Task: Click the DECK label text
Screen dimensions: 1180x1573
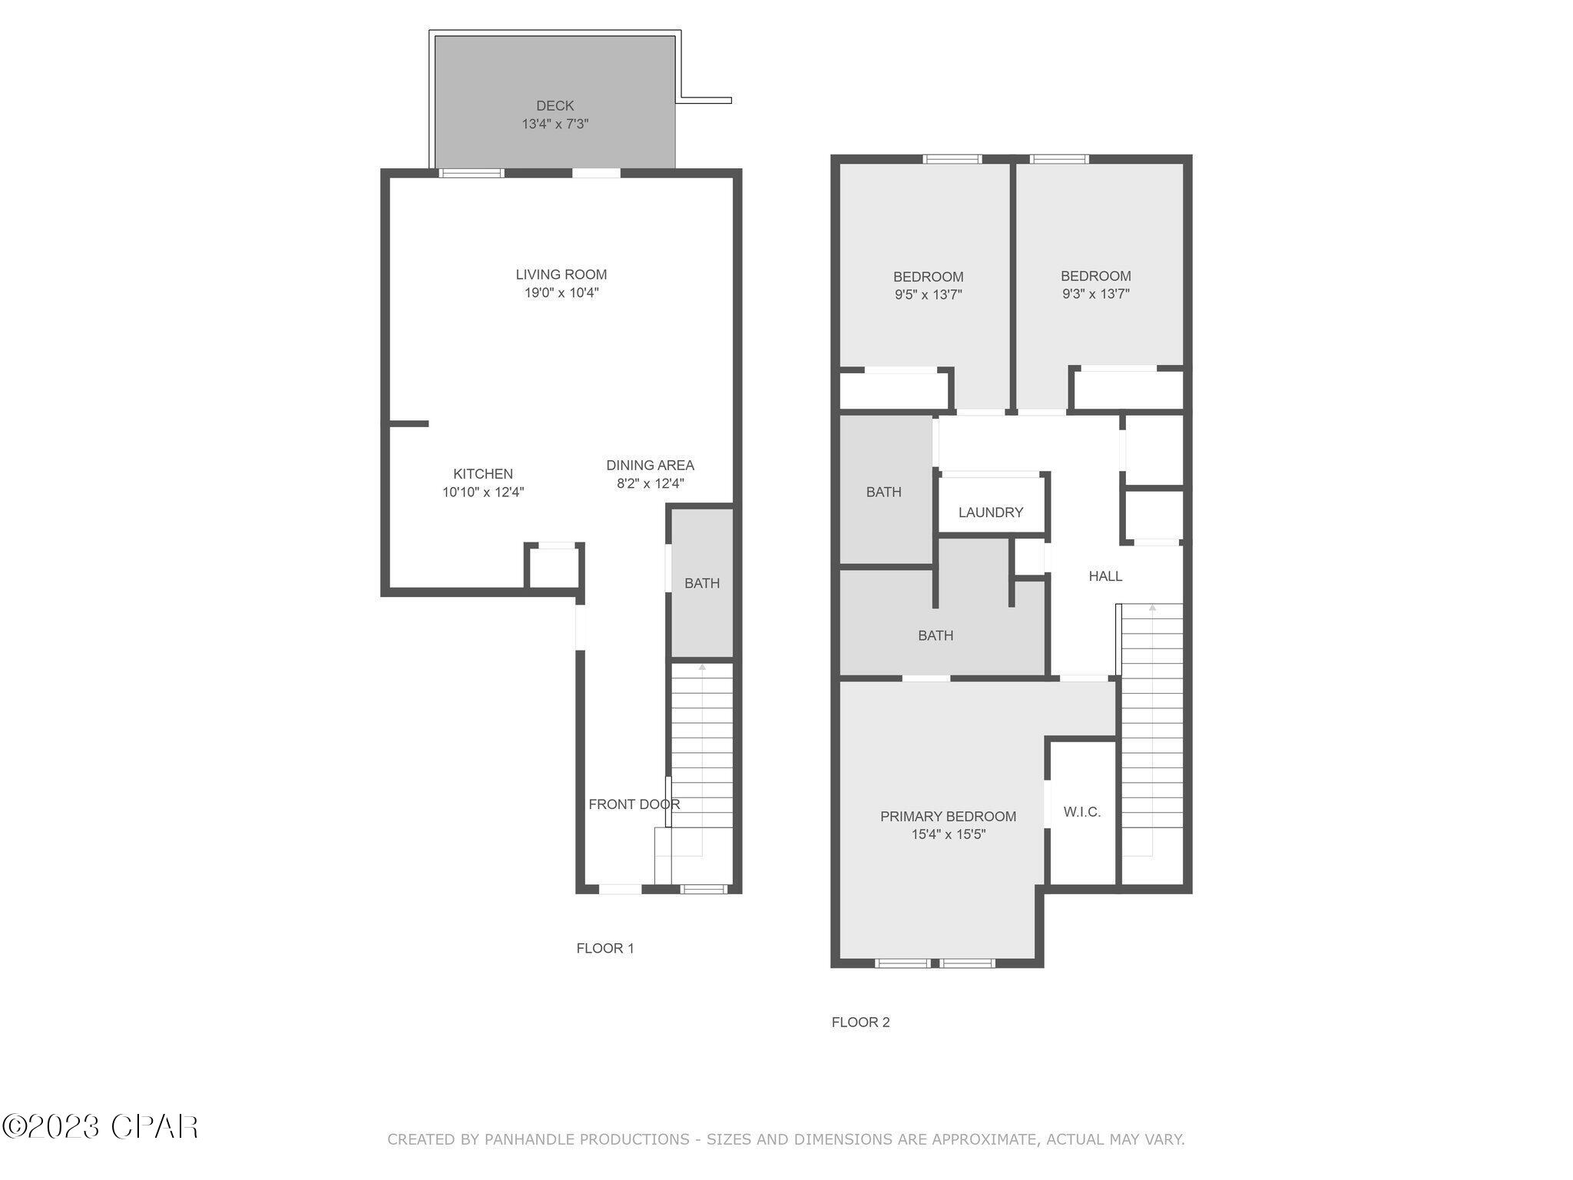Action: pyautogui.click(x=555, y=106)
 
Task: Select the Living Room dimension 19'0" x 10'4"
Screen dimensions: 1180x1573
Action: pyautogui.click(x=561, y=293)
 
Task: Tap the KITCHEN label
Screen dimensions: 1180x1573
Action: pyautogui.click(x=482, y=474)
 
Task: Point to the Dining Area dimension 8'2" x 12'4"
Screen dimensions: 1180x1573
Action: pyautogui.click(x=650, y=484)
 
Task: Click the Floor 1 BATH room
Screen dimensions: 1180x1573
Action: pyautogui.click(x=702, y=583)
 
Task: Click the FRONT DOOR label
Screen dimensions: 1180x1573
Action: pyautogui.click(x=634, y=804)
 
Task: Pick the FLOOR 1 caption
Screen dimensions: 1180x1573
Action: pyautogui.click(x=605, y=948)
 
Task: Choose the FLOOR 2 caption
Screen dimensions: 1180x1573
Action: pyautogui.click(x=860, y=1022)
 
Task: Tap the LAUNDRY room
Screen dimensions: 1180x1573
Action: pyautogui.click(x=991, y=512)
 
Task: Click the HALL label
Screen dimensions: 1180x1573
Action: pyautogui.click(x=1105, y=576)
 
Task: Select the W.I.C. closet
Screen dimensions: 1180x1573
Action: pyautogui.click(x=1081, y=812)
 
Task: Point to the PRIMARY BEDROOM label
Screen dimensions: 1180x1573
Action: pyautogui.click(x=948, y=817)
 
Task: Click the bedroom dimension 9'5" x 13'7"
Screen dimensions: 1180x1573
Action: pyautogui.click(x=928, y=294)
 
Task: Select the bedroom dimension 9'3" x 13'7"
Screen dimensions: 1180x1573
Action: pyautogui.click(x=1095, y=293)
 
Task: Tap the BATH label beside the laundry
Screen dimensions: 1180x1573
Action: pyautogui.click(x=883, y=492)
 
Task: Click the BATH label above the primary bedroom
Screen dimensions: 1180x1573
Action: pyautogui.click(x=936, y=635)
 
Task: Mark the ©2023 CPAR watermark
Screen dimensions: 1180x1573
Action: pyautogui.click(x=100, y=1127)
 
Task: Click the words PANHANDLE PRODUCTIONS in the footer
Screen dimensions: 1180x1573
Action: pyautogui.click(x=587, y=1139)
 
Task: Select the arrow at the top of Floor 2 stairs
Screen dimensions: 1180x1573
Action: pyautogui.click(x=1152, y=608)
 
